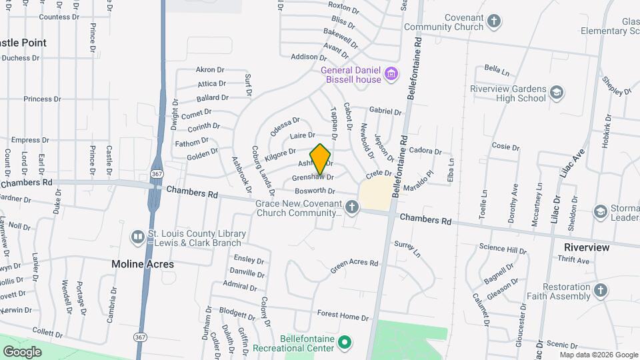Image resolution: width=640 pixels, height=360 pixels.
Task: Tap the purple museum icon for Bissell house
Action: coord(391,73)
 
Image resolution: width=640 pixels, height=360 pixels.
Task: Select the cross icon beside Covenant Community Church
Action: coord(493,21)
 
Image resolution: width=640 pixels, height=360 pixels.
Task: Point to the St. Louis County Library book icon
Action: coord(137,237)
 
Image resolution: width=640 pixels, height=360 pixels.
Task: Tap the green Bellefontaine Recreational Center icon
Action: coord(344,343)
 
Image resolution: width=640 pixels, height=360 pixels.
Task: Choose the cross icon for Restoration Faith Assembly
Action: coord(601,290)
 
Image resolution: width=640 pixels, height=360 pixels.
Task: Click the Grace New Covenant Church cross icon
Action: coord(352,208)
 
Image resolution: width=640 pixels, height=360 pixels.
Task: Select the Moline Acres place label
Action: coord(143,264)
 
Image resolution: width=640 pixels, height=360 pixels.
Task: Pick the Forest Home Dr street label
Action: coord(343,315)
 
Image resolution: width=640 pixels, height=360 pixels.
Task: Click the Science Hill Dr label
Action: coord(503,248)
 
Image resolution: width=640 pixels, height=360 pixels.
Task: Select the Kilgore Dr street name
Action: coord(280,155)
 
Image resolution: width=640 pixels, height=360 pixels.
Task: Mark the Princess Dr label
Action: coord(42,99)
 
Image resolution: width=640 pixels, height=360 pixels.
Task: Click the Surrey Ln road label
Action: coord(408,249)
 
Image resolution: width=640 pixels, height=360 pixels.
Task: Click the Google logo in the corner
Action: coord(22,351)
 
